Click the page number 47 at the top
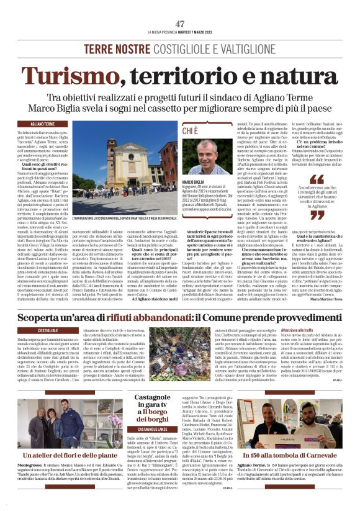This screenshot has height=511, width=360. pyautogui.click(x=180, y=24)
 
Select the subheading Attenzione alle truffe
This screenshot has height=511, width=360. pyautogui.click(x=284, y=331)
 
